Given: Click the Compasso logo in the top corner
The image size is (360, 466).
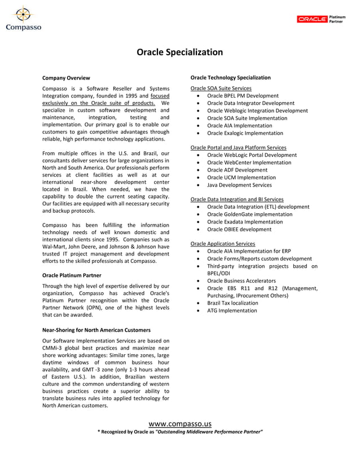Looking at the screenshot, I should click(x=23, y=18).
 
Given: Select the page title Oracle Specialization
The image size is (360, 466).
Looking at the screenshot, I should click(x=179, y=52).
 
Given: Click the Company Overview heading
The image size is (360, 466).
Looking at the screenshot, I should click(x=66, y=77).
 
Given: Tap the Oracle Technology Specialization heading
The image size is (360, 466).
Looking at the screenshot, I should click(x=230, y=77).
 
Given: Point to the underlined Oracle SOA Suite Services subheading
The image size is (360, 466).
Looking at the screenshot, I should click(x=221, y=89).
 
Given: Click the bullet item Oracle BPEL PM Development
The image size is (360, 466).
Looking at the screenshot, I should click(x=243, y=96).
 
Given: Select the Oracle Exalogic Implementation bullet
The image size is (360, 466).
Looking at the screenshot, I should click(x=245, y=133).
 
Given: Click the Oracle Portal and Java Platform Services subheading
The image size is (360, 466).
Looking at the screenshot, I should click(x=238, y=148).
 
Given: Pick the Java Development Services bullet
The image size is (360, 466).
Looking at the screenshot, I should click(x=239, y=184).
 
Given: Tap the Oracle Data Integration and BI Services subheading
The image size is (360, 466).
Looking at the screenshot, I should click(x=237, y=199).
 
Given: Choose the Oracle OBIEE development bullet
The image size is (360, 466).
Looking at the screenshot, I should click(x=239, y=229).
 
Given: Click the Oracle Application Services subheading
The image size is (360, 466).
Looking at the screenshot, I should click(x=222, y=244).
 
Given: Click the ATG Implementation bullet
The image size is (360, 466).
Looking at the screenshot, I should click(x=232, y=310).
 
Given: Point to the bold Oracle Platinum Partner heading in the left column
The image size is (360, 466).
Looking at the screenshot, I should click(x=72, y=275).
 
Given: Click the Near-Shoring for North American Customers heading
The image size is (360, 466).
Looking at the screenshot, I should click(x=96, y=329).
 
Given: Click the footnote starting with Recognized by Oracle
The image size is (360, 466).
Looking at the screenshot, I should click(x=180, y=432).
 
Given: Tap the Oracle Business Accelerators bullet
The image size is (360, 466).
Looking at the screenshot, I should click(x=242, y=280).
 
